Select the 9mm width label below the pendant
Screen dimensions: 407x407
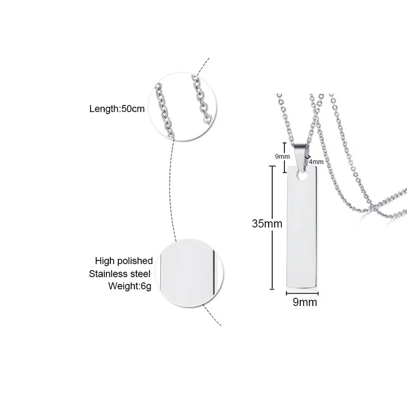tap(305, 303)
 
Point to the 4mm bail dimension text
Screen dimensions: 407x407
tap(316, 161)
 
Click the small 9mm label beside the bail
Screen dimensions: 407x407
tap(282, 156)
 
